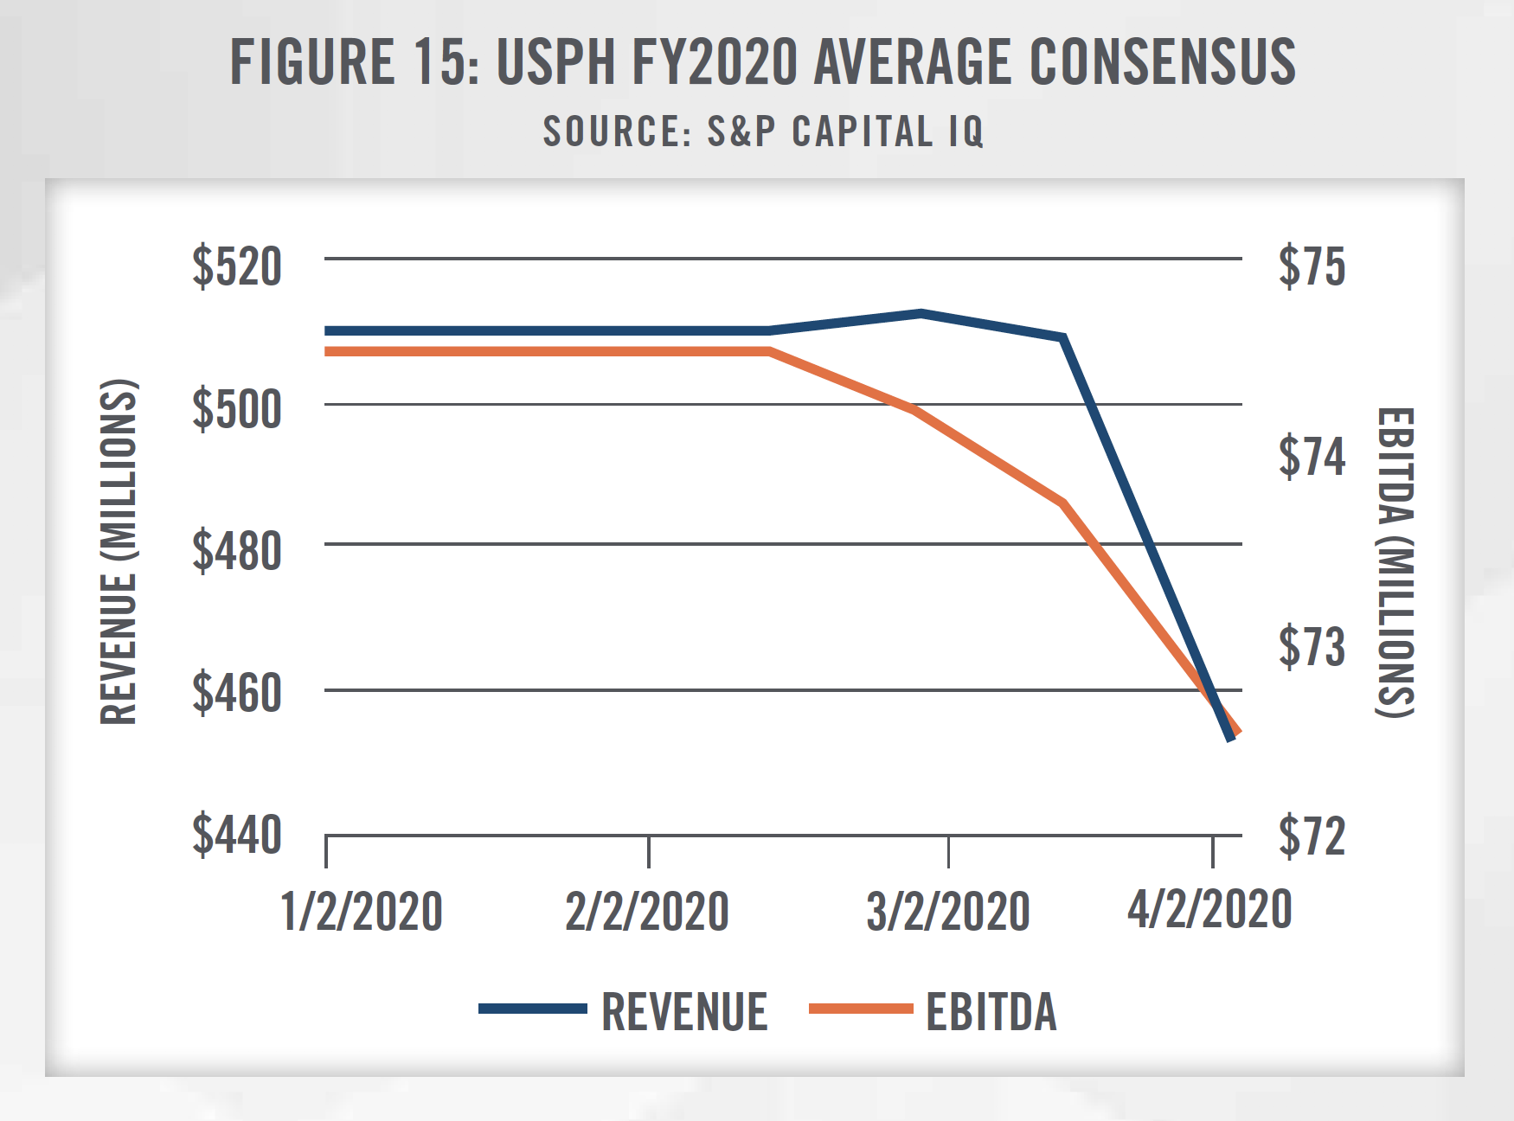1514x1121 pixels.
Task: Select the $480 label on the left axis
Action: pyautogui.click(x=237, y=550)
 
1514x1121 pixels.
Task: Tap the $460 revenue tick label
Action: pyautogui.click(x=237, y=692)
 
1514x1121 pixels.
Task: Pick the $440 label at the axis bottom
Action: pyautogui.click(x=237, y=835)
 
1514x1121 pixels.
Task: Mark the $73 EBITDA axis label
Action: pyautogui.click(x=1312, y=646)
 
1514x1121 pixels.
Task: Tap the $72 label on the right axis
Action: pyautogui.click(x=1312, y=836)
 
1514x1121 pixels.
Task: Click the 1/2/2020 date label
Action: pyautogui.click(x=362, y=912)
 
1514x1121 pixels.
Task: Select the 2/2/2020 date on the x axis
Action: pyautogui.click(x=647, y=912)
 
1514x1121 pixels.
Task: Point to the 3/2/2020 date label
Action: pyautogui.click(x=948, y=912)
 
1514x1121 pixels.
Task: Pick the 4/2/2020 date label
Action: pyautogui.click(x=1209, y=909)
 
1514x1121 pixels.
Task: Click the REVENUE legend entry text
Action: pyautogui.click(x=684, y=1011)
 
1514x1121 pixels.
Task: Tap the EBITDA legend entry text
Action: pyautogui.click(x=991, y=1011)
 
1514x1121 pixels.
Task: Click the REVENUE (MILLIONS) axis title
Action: pyautogui.click(x=119, y=552)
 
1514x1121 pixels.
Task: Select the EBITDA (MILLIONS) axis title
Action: pyautogui.click(x=1395, y=562)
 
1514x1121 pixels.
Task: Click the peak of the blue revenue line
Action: pyautogui.click(x=921, y=313)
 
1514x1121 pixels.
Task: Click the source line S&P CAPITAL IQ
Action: pyautogui.click(x=763, y=131)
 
